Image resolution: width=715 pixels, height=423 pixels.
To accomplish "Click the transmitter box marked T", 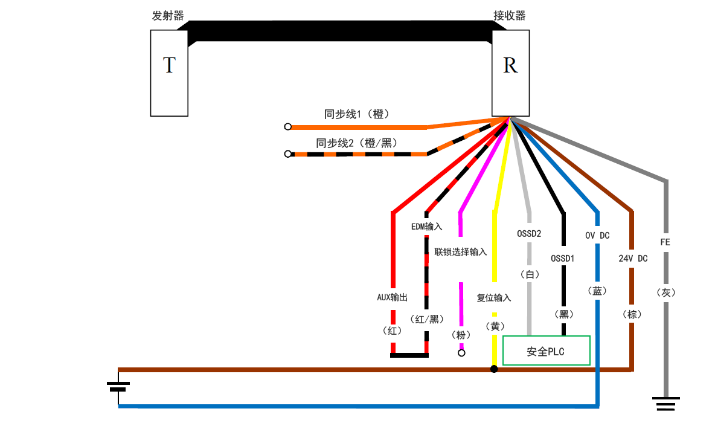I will point(169,73).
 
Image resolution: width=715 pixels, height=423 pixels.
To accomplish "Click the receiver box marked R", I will point(510,73).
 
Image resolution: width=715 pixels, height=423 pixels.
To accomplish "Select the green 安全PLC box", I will point(546,351).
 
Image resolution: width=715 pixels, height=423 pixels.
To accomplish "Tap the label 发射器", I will point(168,16).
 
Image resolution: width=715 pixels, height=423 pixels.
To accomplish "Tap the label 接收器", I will point(510,16).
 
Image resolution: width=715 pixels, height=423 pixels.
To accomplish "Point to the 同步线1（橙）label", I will point(356,114).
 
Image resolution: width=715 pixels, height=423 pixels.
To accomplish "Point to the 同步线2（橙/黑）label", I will point(356,143).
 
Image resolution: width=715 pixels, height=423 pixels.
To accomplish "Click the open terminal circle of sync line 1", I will point(288,127).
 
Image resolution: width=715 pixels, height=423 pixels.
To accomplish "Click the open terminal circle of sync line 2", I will point(288,154).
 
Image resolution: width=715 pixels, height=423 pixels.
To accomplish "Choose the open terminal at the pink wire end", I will point(461,353).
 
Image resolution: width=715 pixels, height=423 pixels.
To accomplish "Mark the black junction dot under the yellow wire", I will point(494,369).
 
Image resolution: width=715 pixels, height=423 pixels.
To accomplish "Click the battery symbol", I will point(118,386).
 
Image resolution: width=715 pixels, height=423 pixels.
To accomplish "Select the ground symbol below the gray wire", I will point(666,403).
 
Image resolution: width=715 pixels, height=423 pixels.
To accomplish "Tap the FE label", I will point(665,242).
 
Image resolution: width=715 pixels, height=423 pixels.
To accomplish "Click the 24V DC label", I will point(633,259).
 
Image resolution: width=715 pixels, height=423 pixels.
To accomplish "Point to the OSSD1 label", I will point(563,259).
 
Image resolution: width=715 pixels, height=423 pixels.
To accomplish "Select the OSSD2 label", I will point(529,233).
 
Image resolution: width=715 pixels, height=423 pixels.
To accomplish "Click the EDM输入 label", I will point(426,227).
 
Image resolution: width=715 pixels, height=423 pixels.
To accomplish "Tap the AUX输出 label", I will point(393,297).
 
